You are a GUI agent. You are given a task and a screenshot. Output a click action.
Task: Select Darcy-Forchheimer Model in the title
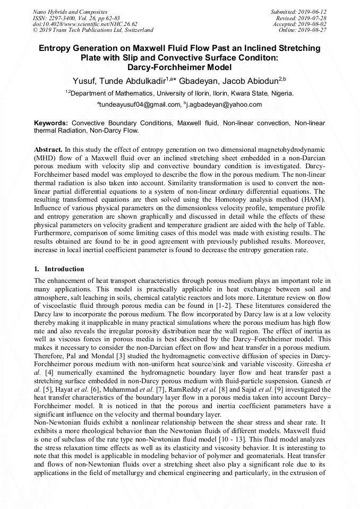point(179,67)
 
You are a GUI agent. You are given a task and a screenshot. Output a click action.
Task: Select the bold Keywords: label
point(51,123)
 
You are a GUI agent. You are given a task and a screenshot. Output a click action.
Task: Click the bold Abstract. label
point(48,150)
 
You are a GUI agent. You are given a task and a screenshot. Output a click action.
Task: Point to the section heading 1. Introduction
point(59,269)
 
